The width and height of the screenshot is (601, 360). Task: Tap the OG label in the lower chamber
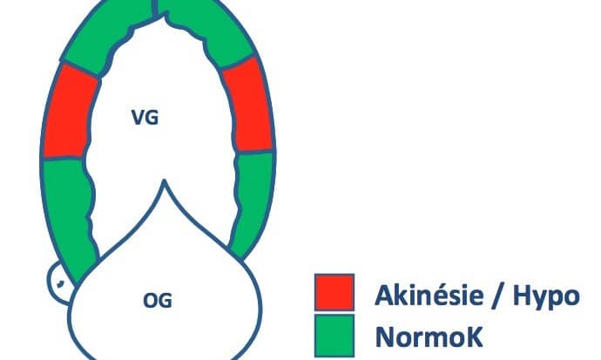pyautogui.click(x=158, y=301)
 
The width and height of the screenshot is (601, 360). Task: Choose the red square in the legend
pyautogui.click(x=334, y=291)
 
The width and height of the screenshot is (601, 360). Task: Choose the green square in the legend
pyautogui.click(x=334, y=335)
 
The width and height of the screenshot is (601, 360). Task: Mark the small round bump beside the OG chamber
pyautogui.click(x=58, y=282)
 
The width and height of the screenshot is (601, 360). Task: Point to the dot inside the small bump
pyautogui.click(x=61, y=282)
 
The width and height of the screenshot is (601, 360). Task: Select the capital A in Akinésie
pyautogui.click(x=383, y=295)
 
